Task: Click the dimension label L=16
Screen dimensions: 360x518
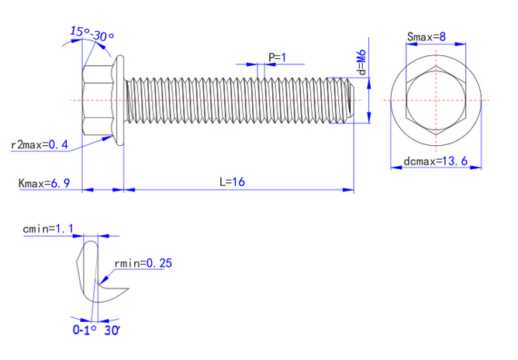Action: (232, 182)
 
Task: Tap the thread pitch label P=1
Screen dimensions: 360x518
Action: (277, 57)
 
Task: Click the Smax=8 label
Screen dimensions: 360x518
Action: (426, 36)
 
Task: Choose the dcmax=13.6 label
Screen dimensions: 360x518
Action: (434, 161)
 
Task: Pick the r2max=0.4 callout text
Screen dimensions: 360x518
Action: (40, 145)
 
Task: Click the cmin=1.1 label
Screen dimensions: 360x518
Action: (49, 229)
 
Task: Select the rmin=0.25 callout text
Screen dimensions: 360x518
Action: (143, 263)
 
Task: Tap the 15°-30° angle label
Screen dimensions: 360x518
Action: (92, 33)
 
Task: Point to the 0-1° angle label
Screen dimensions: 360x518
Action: (84, 330)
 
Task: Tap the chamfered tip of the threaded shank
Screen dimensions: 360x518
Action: (350, 100)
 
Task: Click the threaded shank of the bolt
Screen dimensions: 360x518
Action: (233, 100)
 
